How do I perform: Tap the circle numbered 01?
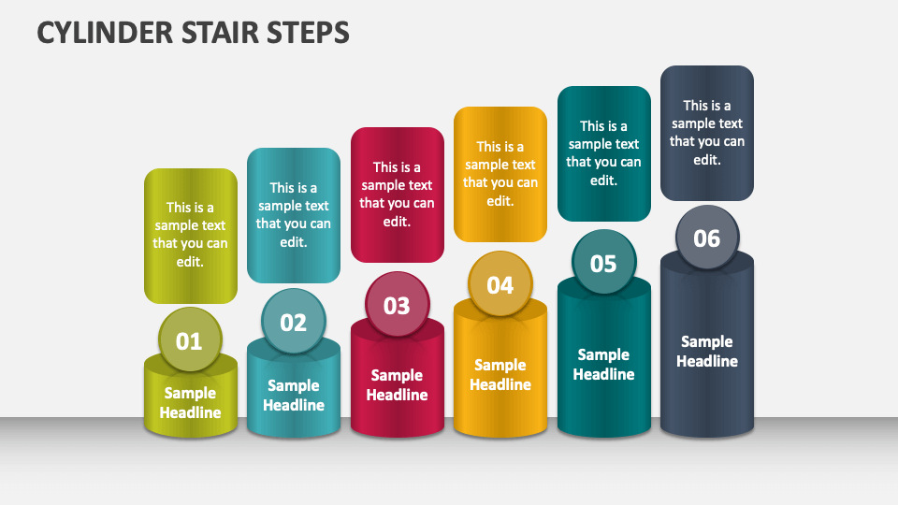[190, 340]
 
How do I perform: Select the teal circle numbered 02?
[294, 322]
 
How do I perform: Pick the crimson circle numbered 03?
[397, 305]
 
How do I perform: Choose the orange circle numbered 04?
[500, 284]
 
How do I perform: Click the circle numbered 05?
[603, 263]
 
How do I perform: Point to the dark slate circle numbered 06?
[707, 238]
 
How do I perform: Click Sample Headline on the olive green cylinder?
[191, 403]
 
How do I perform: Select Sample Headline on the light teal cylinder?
[294, 396]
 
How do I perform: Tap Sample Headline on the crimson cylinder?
[397, 385]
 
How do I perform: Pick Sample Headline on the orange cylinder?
[500, 375]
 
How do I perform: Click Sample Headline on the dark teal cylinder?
[603, 365]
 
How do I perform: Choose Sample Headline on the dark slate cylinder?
[707, 352]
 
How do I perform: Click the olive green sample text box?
[191, 235]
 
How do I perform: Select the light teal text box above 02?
[294, 215]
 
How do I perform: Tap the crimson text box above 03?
[397, 195]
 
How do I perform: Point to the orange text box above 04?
[500, 174]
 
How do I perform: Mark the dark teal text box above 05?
[603, 153]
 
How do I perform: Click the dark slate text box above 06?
[707, 133]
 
